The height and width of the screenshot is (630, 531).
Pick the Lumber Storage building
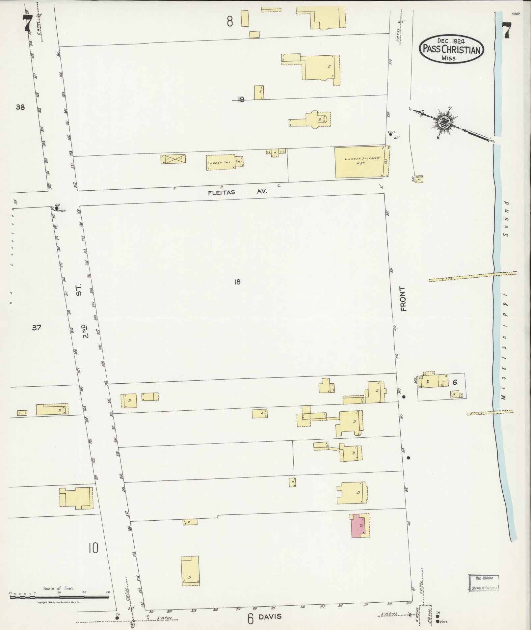click(x=360, y=163)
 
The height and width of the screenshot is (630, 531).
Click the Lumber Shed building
click(x=220, y=162)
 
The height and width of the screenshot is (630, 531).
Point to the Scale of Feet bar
click(x=59, y=596)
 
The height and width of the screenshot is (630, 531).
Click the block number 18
click(x=237, y=282)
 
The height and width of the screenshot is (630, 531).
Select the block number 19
click(x=241, y=99)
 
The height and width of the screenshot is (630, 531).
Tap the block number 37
click(x=36, y=327)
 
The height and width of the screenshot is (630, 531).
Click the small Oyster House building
click(x=419, y=179)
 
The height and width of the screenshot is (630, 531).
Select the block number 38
click(x=20, y=107)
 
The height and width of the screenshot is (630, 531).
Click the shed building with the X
click(x=173, y=159)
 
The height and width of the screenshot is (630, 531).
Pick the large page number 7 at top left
click(x=28, y=24)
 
